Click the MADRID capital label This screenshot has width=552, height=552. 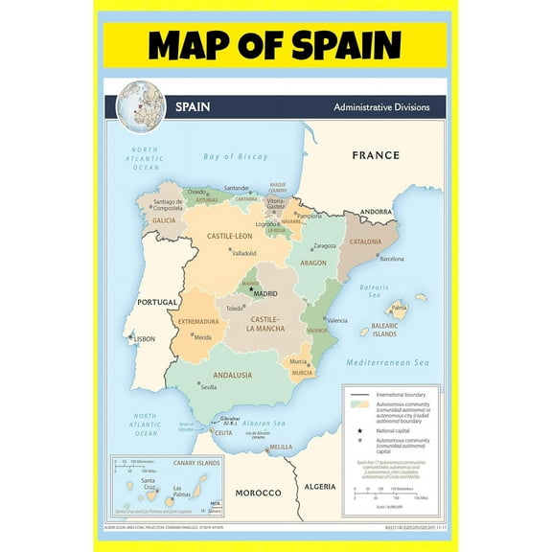pos(264,293)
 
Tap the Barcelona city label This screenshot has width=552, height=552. pos(392,259)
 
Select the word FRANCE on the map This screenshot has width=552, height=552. pos(375,154)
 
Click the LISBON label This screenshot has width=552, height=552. pos(145,338)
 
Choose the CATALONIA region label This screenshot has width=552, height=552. pos(364,241)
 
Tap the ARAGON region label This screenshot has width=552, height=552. pos(313,262)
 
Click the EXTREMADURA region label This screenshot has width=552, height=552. pos(198,322)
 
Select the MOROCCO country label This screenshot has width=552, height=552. pos(259,493)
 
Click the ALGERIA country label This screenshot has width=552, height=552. pos(321,487)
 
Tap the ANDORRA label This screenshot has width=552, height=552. pos(375,212)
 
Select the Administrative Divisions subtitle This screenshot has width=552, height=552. pos(381,107)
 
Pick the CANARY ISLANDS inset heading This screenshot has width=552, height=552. pos(196,464)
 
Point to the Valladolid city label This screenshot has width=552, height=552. pos(243,253)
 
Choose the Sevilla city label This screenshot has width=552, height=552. pos(209,387)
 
